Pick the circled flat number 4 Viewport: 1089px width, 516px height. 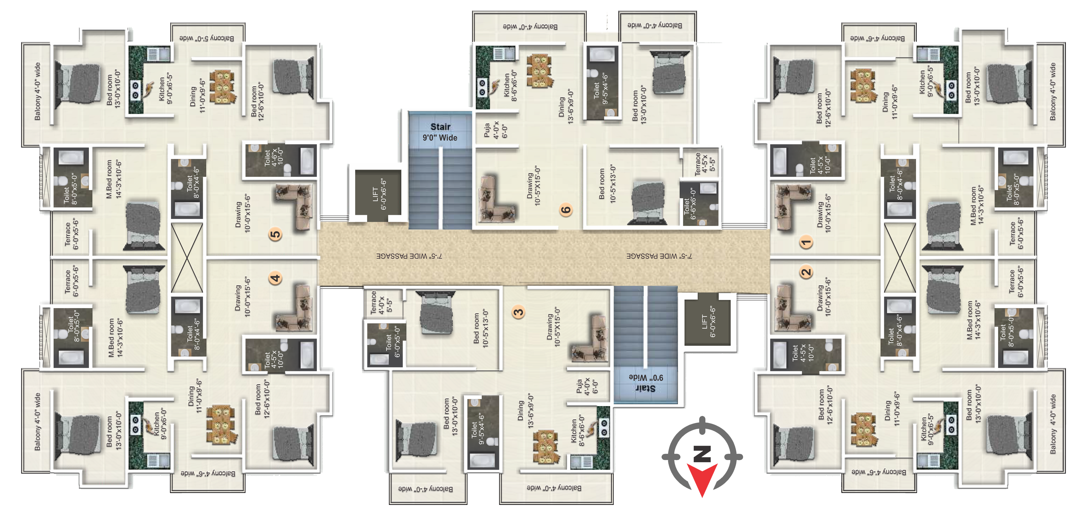pyautogui.click(x=275, y=278)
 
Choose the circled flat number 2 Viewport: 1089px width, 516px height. pyautogui.click(x=806, y=272)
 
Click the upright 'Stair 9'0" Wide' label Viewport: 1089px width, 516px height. pyautogui.click(x=440, y=132)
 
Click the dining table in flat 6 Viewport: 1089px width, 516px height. pyautogui.click(x=540, y=71)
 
